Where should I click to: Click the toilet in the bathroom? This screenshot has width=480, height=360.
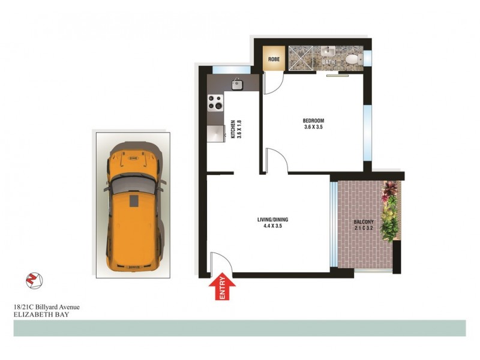[353, 59]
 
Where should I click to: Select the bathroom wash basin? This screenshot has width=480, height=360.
[328, 53]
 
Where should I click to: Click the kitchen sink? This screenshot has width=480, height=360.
[237, 84]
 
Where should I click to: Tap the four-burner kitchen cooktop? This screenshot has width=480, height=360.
[214, 104]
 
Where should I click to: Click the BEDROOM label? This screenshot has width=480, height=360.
[314, 120]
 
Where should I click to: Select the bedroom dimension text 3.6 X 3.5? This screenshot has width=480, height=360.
[314, 127]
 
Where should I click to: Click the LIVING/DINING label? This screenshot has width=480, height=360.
[268, 220]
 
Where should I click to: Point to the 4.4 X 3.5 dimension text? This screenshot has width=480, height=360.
[268, 227]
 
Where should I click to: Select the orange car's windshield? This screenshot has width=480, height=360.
[133, 184]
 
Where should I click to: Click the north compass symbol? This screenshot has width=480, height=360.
[32, 280]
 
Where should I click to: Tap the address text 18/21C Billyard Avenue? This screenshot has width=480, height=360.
[46, 307]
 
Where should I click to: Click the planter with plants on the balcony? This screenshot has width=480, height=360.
[390, 210]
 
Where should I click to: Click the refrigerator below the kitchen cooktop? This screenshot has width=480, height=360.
[214, 133]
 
